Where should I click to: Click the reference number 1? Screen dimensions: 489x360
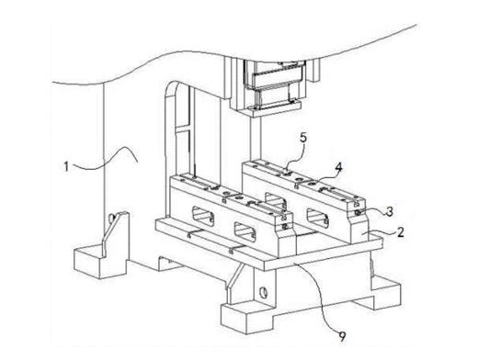[x=66, y=166]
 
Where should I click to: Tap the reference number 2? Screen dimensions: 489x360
[x=400, y=232]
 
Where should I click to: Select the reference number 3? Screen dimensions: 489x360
[x=389, y=211]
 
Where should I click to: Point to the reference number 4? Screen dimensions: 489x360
[x=338, y=167]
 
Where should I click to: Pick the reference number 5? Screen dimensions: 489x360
[x=303, y=138]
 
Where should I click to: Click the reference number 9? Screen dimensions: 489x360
[x=342, y=337]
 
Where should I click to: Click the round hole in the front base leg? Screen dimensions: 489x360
[x=264, y=292]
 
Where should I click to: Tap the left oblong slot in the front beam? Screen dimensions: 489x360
[x=203, y=216]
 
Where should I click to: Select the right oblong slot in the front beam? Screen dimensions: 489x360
[x=245, y=231]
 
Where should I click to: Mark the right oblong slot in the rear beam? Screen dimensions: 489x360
[x=318, y=218]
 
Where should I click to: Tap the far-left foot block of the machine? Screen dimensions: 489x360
[x=100, y=261]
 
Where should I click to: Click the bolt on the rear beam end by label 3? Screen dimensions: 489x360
[x=358, y=213]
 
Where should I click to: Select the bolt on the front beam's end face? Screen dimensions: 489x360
[x=285, y=227]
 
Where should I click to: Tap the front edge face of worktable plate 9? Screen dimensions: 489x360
[x=324, y=255]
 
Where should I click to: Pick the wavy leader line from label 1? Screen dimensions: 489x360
[x=105, y=157]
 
